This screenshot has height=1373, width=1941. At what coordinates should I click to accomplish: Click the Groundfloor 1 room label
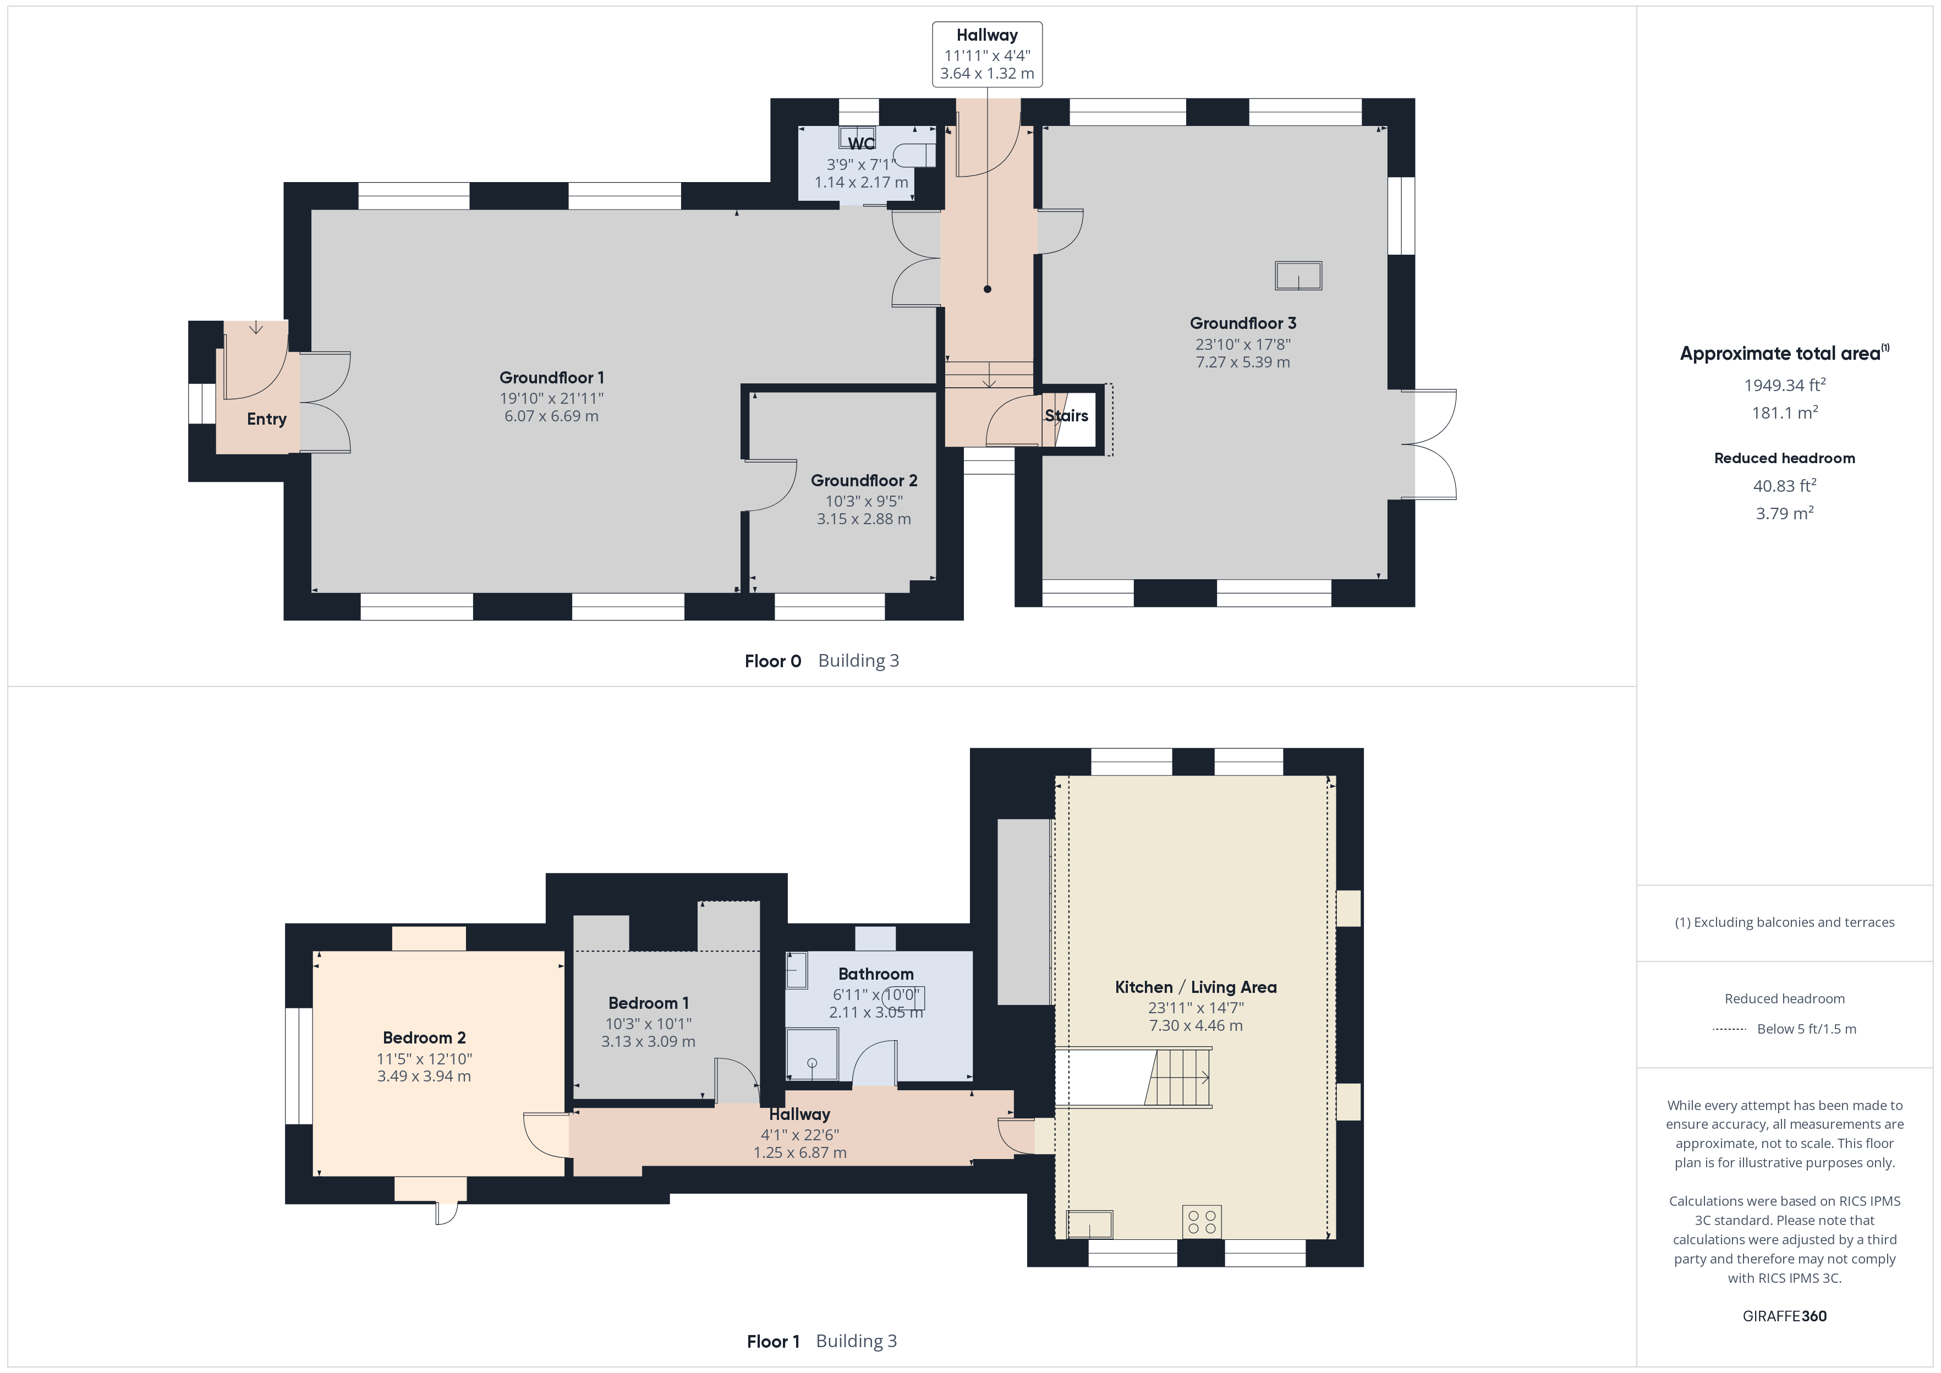coord(551,378)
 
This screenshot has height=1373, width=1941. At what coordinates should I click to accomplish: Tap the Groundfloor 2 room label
coord(864,480)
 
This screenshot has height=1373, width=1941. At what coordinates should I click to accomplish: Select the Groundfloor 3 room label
coord(1243,323)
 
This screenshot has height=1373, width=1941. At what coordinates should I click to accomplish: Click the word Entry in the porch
coord(266,419)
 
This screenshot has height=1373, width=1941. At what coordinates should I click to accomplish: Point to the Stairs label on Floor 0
coord(1066,415)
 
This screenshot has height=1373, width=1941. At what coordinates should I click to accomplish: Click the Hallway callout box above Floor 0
coord(988,54)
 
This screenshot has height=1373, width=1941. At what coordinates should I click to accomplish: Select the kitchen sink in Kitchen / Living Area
coord(1090,1224)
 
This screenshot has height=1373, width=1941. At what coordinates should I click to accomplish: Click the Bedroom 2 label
coord(424,1038)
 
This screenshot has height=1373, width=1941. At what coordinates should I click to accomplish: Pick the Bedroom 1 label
coord(649,1003)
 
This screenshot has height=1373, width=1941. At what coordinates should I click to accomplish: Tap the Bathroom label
coord(876,974)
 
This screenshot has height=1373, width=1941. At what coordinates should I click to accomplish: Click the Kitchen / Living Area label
coord(1196,987)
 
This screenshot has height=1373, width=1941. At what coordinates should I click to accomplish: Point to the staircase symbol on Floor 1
coord(1177,1078)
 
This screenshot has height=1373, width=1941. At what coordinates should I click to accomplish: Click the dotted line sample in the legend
coord(1730,1029)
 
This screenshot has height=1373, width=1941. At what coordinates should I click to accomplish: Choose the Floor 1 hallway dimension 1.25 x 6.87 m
coord(800,1152)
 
